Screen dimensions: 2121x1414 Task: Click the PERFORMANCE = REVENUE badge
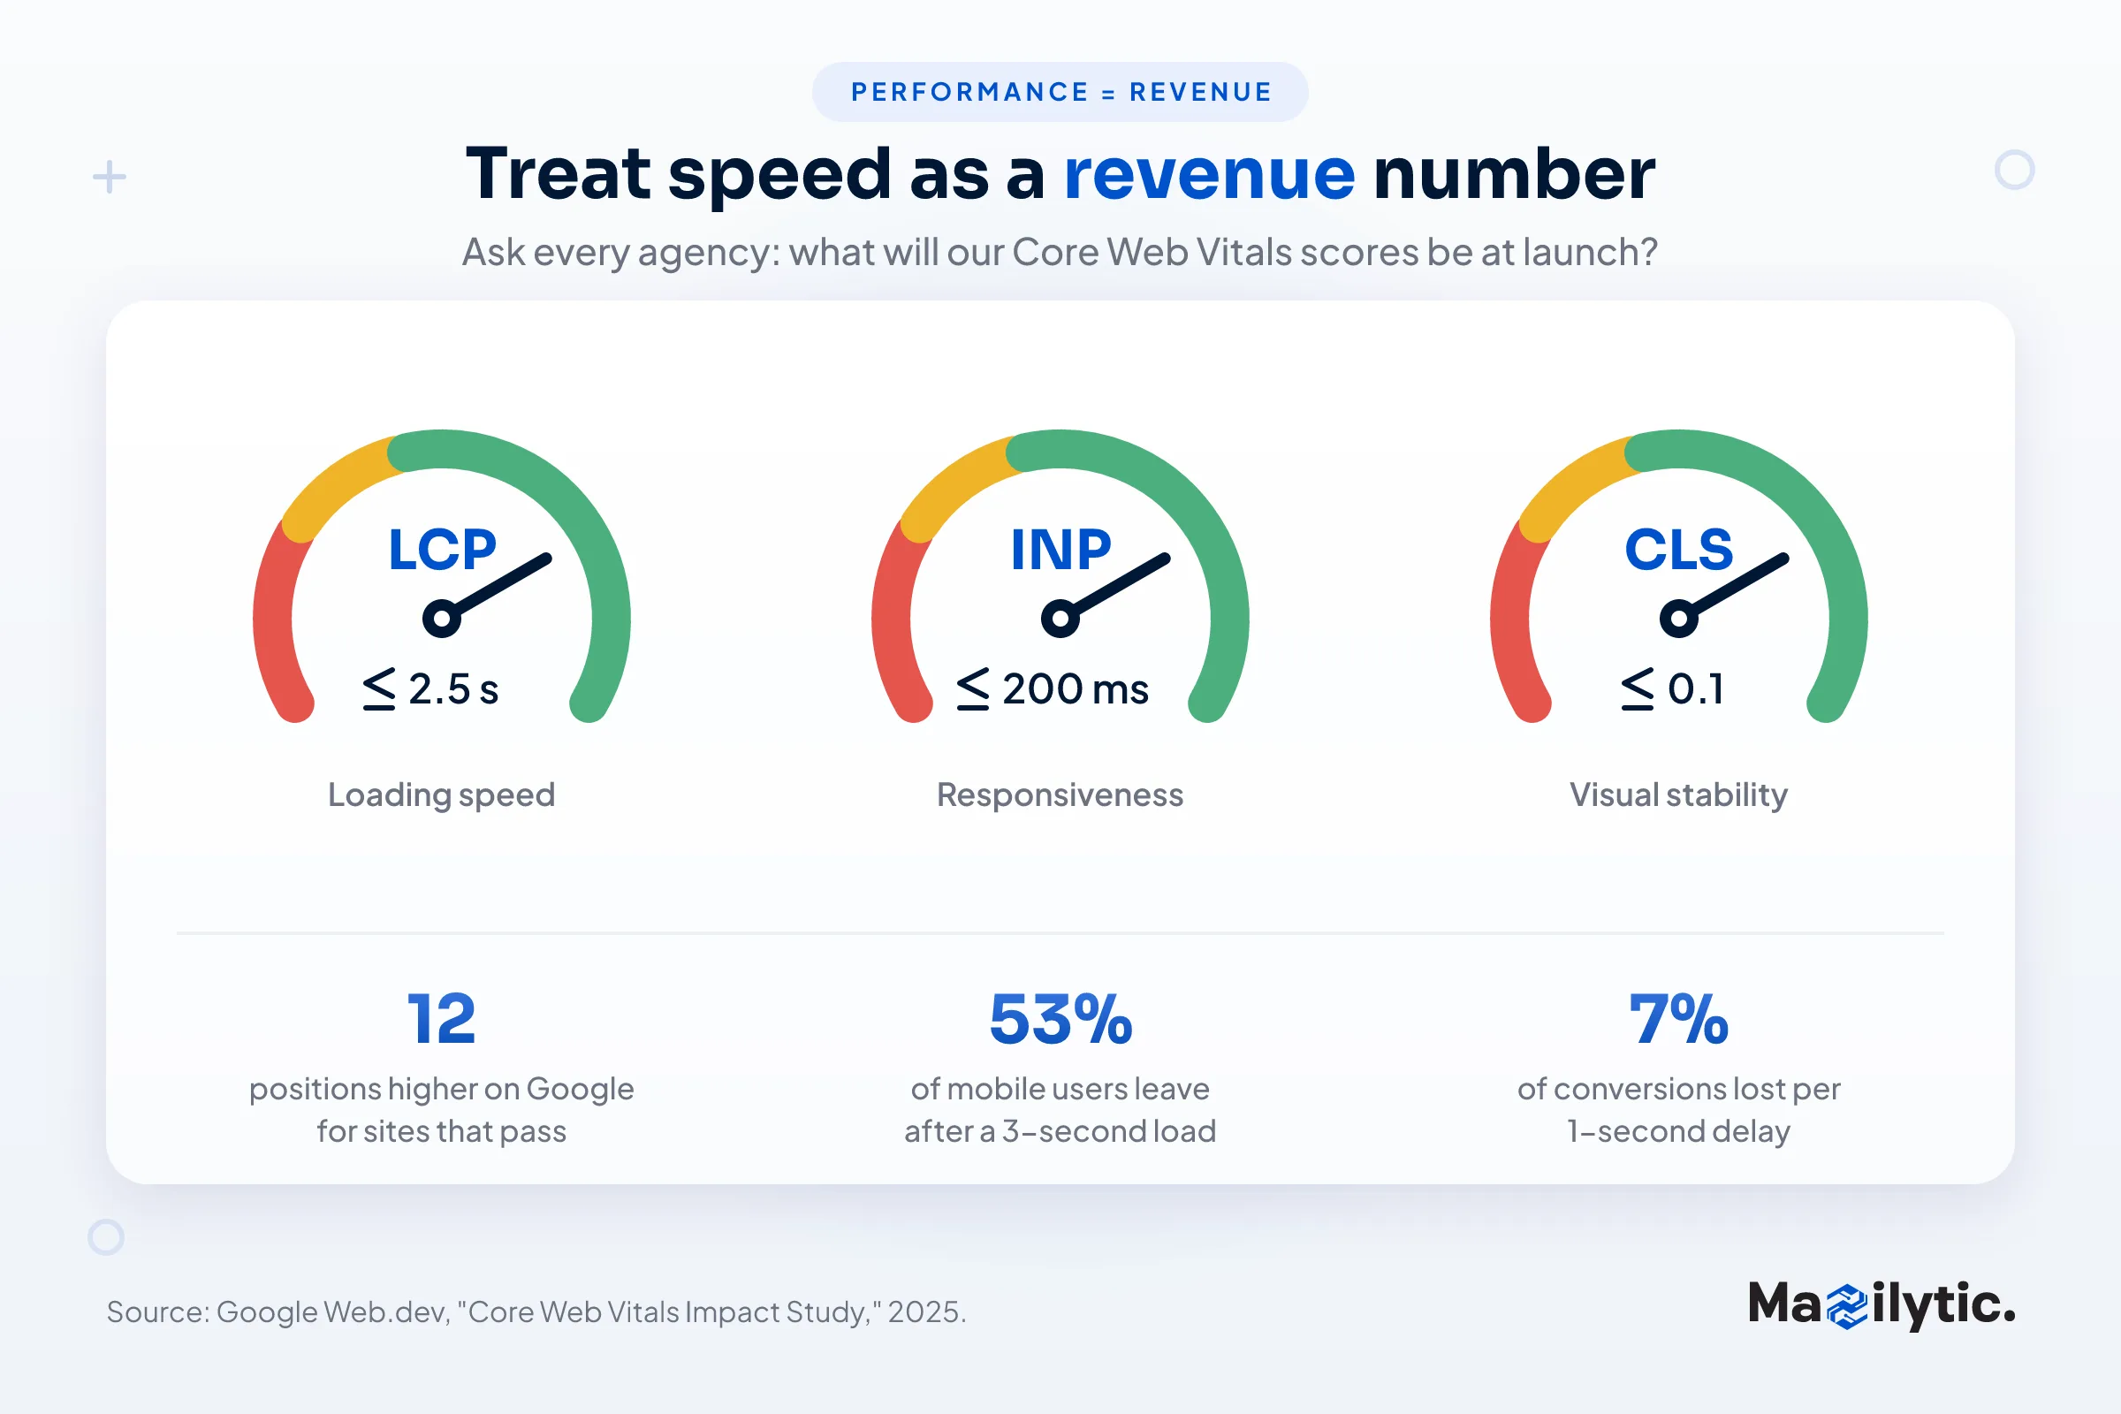(x=1060, y=92)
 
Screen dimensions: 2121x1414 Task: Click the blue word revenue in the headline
(x=1209, y=174)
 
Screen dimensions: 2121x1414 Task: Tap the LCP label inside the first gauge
(x=442, y=549)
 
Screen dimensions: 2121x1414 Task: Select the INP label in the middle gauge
(x=1060, y=549)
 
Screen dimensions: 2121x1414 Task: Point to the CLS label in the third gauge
(x=1678, y=549)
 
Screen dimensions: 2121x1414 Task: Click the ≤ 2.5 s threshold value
(x=430, y=689)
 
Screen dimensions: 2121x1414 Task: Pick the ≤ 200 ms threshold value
(x=1053, y=689)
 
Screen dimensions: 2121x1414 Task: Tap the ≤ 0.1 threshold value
(x=1672, y=689)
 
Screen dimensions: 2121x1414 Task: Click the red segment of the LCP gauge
(x=275, y=622)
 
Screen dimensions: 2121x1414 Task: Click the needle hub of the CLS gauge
(x=1678, y=619)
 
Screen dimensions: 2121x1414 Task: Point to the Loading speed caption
(x=442, y=795)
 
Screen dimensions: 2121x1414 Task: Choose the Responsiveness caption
(x=1060, y=795)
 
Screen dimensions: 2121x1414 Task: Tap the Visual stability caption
(x=1678, y=795)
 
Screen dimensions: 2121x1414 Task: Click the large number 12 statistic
(x=441, y=1019)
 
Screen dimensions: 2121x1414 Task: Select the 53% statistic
(x=1060, y=1019)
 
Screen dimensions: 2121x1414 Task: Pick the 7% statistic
(x=1678, y=1019)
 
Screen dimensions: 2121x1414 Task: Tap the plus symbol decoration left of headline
(x=109, y=177)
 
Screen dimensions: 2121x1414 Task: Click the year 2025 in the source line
(x=926, y=1312)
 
